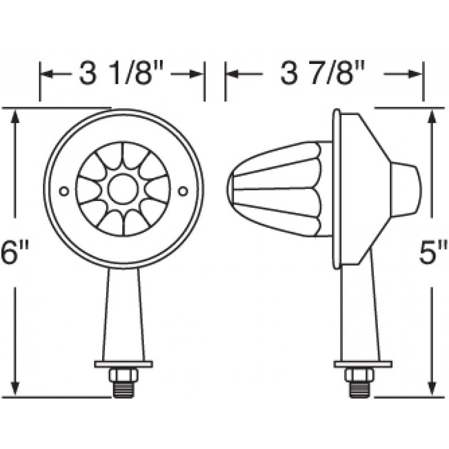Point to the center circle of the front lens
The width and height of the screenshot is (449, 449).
coord(122,189)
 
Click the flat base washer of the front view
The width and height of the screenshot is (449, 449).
coord(123,364)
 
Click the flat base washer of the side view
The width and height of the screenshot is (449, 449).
coord(363,364)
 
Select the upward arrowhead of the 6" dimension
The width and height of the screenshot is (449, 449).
coord(16,116)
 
